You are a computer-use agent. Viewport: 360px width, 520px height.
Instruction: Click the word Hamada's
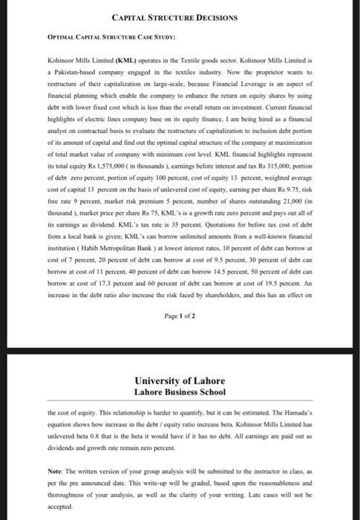tap(314, 411)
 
